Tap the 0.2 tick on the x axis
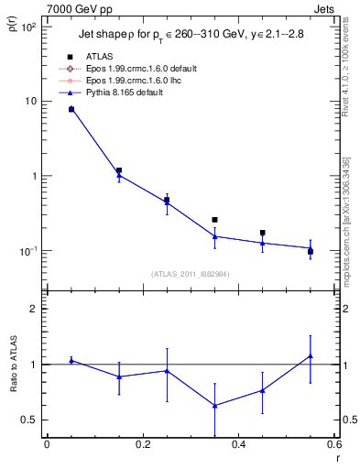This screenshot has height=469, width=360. [x=142, y=446]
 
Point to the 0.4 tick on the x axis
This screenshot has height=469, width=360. [x=238, y=446]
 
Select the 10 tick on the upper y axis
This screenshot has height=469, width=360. [x=29, y=101]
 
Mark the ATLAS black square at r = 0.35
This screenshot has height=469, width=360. [x=214, y=220]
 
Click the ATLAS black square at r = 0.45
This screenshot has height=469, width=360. [x=263, y=233]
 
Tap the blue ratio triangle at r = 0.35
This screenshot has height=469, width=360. [x=214, y=406]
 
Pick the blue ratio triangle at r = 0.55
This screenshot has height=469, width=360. [x=311, y=355]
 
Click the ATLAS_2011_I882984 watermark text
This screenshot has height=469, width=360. [x=190, y=273]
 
